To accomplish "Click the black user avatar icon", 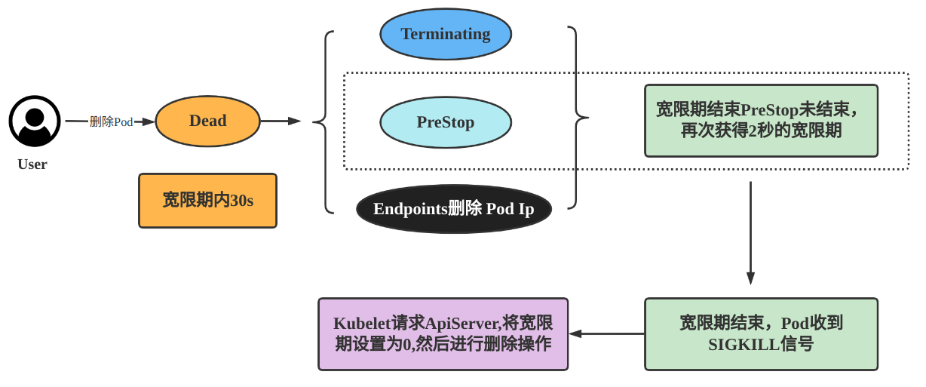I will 35,121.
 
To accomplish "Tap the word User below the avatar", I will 32,164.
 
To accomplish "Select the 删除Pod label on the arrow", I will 111,121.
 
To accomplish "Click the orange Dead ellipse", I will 207,121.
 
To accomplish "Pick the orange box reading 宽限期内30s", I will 207,200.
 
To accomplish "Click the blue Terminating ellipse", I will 446,34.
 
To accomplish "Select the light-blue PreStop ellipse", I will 446,121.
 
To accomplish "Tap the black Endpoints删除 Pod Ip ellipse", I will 453,209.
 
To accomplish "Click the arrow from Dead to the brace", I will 281,121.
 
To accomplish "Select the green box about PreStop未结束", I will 761,121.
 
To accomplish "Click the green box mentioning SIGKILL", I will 761,333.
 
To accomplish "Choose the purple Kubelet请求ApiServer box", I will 443,333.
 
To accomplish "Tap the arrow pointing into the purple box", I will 606,333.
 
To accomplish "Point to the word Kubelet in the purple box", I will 361,324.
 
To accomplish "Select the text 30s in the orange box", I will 241,201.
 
